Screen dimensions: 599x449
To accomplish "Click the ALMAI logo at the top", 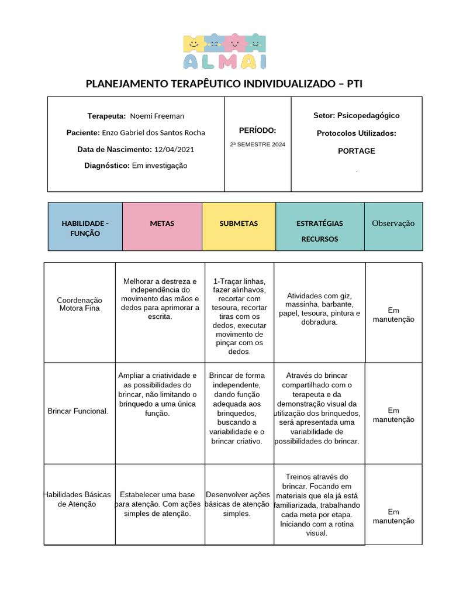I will [224, 51].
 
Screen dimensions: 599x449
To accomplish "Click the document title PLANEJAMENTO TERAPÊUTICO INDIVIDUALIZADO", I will [224, 84].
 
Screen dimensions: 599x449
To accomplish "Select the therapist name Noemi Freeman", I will [157, 116].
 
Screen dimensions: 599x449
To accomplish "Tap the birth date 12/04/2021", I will [174, 149].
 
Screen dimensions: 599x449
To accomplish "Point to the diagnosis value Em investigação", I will [160, 166].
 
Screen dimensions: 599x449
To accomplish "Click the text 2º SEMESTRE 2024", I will [257, 144].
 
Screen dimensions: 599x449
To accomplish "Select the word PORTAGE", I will [356, 151].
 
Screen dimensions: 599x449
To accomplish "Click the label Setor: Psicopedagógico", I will [356, 115].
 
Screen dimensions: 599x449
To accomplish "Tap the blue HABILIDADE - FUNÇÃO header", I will [85, 228].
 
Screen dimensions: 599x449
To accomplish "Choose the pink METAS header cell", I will [162, 223].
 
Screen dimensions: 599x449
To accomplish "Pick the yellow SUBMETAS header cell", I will [239, 223].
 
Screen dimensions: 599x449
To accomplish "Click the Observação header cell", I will [393, 223].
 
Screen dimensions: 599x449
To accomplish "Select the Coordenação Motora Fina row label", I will [80, 303].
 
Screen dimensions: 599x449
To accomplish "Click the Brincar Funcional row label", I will [78, 411].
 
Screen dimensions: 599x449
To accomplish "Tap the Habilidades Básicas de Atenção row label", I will [78, 499].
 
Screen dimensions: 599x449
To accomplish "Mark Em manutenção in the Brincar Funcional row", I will [393, 415].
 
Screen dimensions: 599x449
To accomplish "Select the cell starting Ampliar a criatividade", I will [158, 394].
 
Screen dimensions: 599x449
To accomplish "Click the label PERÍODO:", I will [257, 130].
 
